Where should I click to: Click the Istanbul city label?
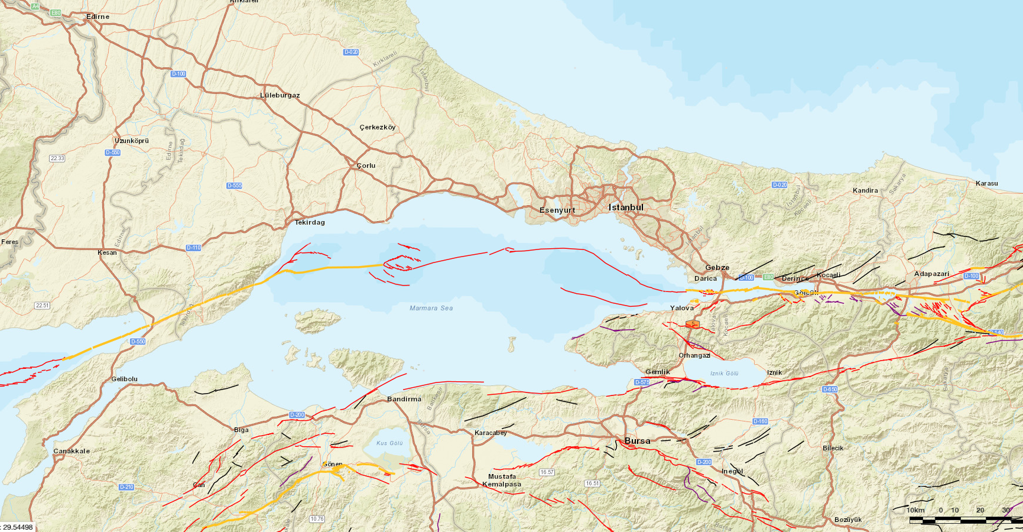(626, 207)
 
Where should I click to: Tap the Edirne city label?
(98, 17)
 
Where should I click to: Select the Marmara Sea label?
(431, 308)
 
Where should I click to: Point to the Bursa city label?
(637, 441)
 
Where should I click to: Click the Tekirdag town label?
(310, 222)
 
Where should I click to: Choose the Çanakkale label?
(72, 451)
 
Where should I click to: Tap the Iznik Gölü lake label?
(724, 374)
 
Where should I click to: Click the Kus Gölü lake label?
(389, 443)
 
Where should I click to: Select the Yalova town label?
(682, 308)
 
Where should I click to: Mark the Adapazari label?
(931, 274)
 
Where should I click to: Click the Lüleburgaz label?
(280, 95)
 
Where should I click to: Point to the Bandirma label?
(404, 399)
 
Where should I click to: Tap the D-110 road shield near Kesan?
(193, 248)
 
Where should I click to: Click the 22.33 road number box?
(57, 158)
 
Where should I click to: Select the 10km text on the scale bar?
(915, 510)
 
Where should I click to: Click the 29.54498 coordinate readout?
(18, 527)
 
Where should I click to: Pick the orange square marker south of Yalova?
(692, 324)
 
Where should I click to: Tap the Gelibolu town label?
(124, 379)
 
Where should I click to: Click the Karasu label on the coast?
(986, 183)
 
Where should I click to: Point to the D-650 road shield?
(830, 390)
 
